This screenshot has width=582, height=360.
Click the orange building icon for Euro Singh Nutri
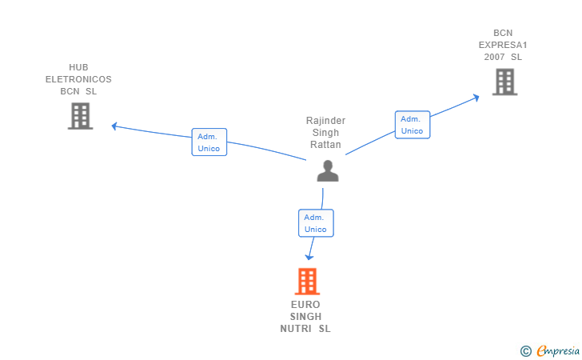[x=307, y=282]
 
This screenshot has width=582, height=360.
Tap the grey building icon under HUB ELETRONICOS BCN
[x=80, y=116]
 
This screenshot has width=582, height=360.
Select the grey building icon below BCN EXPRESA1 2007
[x=504, y=82]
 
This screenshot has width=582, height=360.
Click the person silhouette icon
[x=328, y=171]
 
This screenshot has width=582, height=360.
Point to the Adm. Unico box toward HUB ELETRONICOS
[x=209, y=142]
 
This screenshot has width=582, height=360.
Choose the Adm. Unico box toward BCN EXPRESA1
[x=413, y=125]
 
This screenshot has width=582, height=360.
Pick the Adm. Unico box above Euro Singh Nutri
[x=316, y=223]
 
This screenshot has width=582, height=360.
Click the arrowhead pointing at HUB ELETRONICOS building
[x=114, y=126]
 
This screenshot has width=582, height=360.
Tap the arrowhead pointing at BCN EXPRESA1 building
[x=476, y=98]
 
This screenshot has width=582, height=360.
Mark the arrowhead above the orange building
[x=309, y=257]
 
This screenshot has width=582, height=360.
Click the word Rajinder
[x=325, y=120]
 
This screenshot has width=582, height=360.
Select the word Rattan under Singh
[x=325, y=145]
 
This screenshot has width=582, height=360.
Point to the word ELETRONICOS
[x=78, y=79]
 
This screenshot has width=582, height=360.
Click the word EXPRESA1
[x=503, y=45]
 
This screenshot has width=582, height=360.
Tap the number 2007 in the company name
[x=494, y=57]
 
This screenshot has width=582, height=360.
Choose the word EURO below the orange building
[x=305, y=305]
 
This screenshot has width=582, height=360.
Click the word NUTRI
[x=296, y=329]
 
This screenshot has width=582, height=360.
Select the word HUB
[x=78, y=67]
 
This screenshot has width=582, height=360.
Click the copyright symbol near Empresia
[x=526, y=351]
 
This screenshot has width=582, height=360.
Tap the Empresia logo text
[x=558, y=350]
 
